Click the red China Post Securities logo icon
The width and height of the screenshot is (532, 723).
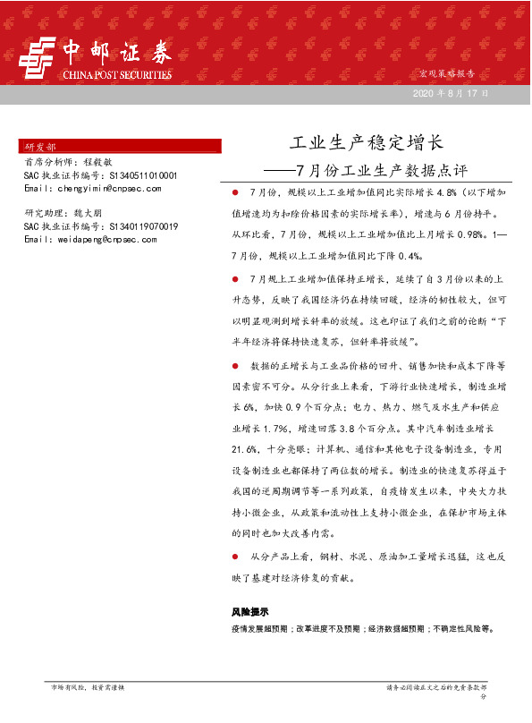[x=38, y=59]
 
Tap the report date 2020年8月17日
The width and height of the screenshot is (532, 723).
[x=450, y=94]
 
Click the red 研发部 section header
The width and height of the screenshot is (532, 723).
[x=40, y=145]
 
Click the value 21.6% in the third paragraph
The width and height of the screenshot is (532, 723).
[x=246, y=448]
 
